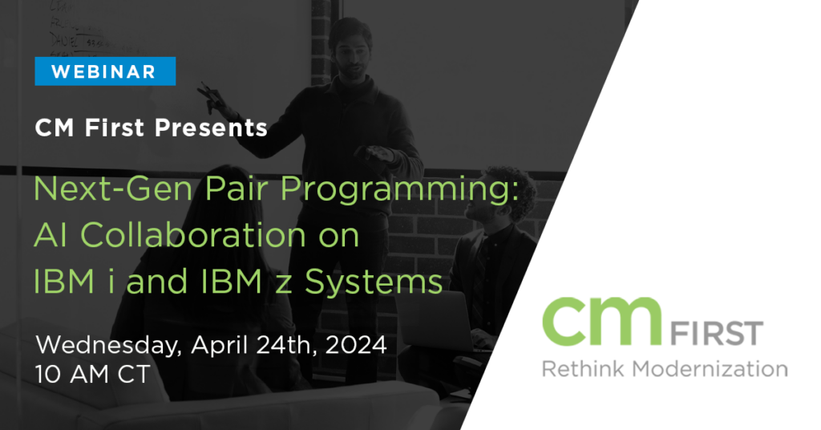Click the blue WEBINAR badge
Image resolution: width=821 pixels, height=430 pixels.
click(104, 71)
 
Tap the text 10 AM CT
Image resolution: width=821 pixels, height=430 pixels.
click(92, 375)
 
